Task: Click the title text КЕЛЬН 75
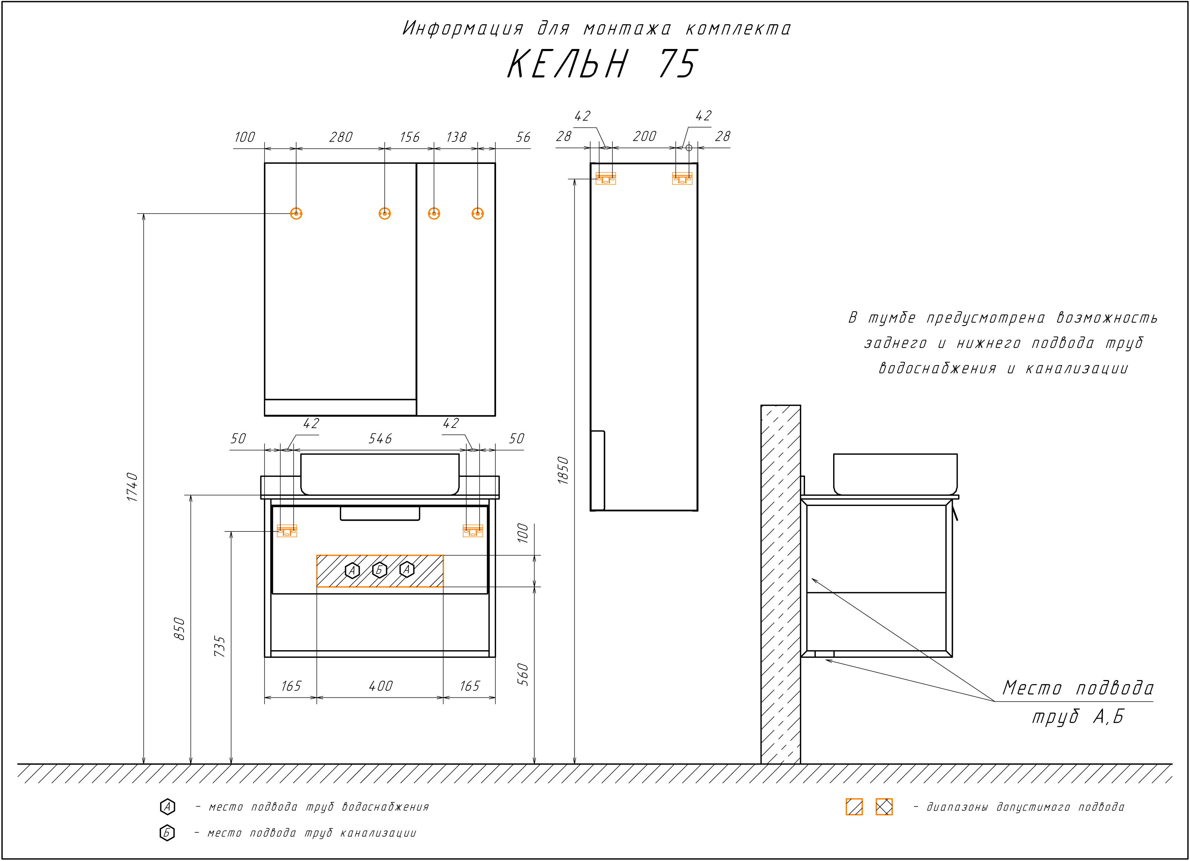tap(602, 64)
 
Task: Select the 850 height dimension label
tap(179, 628)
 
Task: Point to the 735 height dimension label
tap(220, 646)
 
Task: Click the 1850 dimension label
tap(563, 470)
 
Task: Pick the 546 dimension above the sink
tap(380, 438)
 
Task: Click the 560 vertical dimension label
tap(523, 674)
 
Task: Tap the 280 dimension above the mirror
tap(341, 137)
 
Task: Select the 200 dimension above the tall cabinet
tap(644, 136)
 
